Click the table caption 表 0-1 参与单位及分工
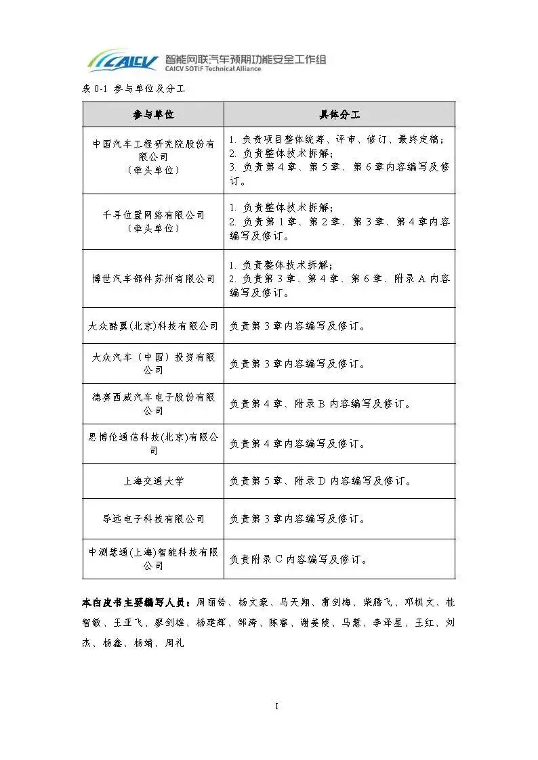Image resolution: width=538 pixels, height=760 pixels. (x=133, y=89)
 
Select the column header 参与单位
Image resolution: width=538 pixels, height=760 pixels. (x=153, y=114)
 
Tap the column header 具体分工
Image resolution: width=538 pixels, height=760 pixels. (x=339, y=114)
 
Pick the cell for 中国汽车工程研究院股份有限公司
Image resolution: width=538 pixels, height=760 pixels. (x=153, y=157)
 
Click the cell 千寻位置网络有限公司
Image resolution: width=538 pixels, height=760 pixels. (x=153, y=221)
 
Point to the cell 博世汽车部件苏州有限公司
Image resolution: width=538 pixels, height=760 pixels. (x=153, y=278)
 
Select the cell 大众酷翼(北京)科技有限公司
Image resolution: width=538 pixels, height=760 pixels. (x=153, y=326)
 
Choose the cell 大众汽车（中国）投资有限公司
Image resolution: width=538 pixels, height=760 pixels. (x=153, y=363)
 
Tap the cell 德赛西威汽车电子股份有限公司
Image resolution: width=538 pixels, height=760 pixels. (x=153, y=403)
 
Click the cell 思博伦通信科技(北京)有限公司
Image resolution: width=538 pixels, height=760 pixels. (x=153, y=444)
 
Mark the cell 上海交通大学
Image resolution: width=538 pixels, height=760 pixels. (x=153, y=481)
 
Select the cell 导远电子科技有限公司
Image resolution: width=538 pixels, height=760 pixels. (x=153, y=518)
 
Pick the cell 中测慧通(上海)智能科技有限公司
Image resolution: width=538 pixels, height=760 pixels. (x=153, y=559)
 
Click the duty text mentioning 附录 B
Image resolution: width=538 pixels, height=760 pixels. (x=320, y=404)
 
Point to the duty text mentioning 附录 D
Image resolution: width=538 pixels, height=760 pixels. (x=320, y=481)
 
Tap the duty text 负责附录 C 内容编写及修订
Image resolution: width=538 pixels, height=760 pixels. (x=298, y=560)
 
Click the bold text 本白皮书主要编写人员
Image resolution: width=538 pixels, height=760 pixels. (x=137, y=602)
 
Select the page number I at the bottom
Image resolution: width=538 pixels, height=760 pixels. (x=276, y=707)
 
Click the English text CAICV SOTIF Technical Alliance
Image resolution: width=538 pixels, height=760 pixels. (x=213, y=69)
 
